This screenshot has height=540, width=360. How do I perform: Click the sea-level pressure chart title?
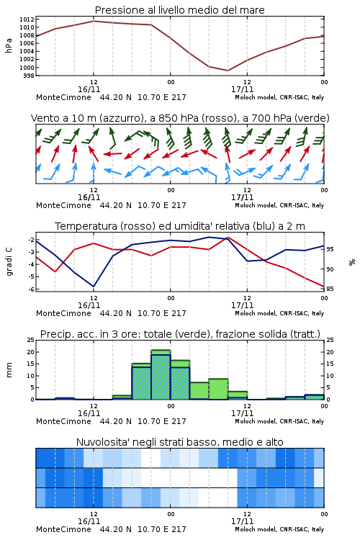pos(179,10)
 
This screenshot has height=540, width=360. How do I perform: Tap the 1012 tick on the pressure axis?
pos(27,19)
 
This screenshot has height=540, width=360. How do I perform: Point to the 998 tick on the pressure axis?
pos(29,76)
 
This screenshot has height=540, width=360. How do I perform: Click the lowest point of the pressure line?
pos(228,71)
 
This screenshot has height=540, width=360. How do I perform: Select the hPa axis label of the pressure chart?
pos(9,45)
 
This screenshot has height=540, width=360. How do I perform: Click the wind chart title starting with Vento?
pos(180,118)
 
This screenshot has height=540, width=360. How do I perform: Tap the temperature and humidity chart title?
pos(180,226)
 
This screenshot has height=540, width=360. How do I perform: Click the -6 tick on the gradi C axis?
pos(30,289)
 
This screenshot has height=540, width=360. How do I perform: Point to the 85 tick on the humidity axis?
pos(330,289)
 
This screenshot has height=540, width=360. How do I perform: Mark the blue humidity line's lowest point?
pos(94,287)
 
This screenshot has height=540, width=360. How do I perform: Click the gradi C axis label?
pos(9,261)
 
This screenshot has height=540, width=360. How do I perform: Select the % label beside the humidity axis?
pos(352,262)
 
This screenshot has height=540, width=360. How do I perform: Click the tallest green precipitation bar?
pos(161,374)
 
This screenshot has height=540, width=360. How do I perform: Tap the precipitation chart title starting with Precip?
pos(180,334)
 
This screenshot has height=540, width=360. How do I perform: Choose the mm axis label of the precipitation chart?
pos(9,370)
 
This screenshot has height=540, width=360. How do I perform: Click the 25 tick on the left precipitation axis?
pos(30,340)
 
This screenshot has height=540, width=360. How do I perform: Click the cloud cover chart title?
pos(180,442)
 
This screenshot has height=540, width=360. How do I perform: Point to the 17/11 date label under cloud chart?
pos(242,521)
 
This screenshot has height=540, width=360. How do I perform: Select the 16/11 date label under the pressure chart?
pos(89,89)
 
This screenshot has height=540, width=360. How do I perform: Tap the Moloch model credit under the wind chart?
pos(279,206)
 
